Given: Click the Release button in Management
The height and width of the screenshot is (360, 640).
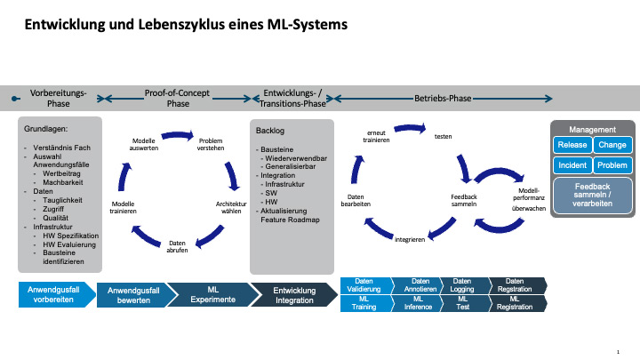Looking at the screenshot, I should point(572,145).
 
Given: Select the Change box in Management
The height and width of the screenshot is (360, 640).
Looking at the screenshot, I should point(612,145).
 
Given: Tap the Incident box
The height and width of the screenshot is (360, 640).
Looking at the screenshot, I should point(572,165).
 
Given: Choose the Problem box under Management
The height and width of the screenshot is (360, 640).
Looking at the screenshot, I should point(612,165).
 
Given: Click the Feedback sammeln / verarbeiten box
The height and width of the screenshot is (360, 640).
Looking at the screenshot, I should point(592,194).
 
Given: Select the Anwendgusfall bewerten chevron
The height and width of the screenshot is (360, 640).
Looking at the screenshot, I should point(133,295).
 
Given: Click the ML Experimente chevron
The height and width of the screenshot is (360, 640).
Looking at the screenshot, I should point(212,295).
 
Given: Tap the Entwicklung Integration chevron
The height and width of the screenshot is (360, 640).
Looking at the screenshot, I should point(293,295).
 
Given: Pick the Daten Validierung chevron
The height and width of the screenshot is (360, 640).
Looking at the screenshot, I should point(364,285).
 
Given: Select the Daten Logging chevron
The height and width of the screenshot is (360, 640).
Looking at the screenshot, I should point(462,285).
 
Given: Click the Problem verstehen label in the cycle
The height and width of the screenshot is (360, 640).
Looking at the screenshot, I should point(211,145).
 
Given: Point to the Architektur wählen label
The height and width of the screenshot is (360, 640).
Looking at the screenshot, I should point(231,208).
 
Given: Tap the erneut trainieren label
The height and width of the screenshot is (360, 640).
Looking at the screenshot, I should point(376,137).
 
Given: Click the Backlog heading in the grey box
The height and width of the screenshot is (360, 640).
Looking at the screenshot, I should point(269,131).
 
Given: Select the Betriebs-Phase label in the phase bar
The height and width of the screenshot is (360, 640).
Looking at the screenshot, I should point(443,98).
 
